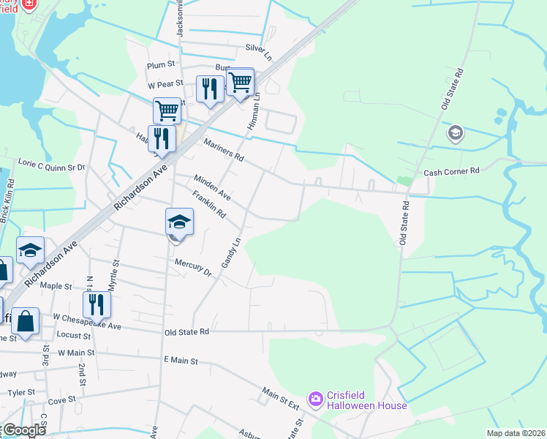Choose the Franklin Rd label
[208, 203]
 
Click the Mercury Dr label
[192, 268]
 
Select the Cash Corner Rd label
[451, 171]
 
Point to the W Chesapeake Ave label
[87, 317]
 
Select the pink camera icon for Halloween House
[316, 399]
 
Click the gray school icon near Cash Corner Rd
[456, 133]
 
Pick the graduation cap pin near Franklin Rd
[178, 222]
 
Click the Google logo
[23, 430]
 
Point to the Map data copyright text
[516, 433]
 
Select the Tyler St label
[20, 392]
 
